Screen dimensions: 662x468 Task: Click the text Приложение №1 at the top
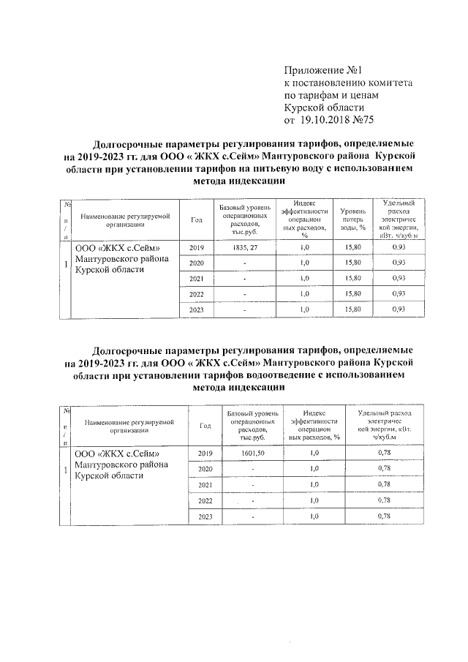(324, 71)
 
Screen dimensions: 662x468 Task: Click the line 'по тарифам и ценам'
(333, 96)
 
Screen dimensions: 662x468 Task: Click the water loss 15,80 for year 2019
(352, 247)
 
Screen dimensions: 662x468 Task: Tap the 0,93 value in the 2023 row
(399, 309)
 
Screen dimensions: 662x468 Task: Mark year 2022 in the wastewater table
(205, 500)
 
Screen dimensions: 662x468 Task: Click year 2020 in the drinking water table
(196, 263)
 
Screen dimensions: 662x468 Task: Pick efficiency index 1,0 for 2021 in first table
(304, 279)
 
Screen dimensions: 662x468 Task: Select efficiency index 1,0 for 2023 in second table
(314, 516)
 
